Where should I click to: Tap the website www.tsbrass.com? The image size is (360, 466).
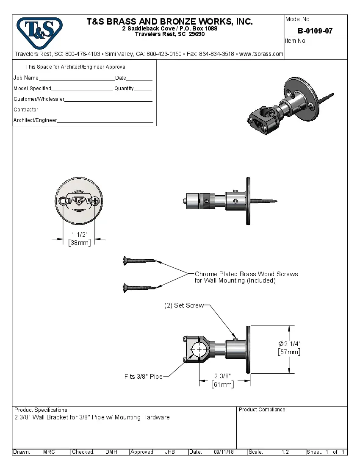point(261,54)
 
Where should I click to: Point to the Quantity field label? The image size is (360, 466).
point(124,89)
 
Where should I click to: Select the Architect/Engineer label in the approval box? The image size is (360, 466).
point(35,120)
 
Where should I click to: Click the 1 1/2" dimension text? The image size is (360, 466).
point(79,235)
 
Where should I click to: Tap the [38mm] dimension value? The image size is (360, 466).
point(79,243)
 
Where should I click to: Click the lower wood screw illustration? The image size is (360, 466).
point(139,288)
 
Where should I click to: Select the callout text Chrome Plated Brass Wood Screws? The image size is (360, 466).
point(246,274)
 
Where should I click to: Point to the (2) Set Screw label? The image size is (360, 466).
point(184,305)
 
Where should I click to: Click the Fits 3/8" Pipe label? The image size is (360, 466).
point(143,376)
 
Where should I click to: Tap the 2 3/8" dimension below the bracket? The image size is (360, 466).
point(222,376)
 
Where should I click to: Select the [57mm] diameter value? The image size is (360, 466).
point(289,352)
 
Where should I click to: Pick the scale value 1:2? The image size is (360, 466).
point(285,452)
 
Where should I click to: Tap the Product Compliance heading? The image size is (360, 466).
point(263,410)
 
